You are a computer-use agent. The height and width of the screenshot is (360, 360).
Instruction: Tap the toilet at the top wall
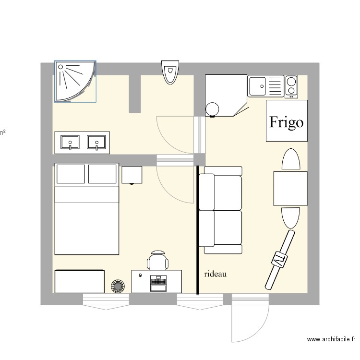(170, 72)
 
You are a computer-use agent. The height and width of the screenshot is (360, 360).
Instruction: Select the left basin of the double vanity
(71, 143)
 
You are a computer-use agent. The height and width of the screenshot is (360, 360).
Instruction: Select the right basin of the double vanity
(96, 143)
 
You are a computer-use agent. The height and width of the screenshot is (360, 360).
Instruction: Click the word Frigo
(286, 122)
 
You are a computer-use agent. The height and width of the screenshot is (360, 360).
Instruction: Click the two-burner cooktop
(290, 86)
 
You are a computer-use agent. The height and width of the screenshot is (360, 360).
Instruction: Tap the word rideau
(215, 274)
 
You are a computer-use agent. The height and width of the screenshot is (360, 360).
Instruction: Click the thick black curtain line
(197, 230)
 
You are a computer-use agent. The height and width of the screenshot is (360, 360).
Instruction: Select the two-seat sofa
(221, 210)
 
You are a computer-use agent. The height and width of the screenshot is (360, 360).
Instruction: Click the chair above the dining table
(290, 159)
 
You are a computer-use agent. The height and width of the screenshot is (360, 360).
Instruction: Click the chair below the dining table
(290, 217)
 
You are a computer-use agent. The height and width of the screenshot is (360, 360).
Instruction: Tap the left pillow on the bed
(71, 174)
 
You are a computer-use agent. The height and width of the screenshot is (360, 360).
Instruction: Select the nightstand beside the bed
(132, 175)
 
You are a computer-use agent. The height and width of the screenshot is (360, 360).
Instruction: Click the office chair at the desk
(158, 261)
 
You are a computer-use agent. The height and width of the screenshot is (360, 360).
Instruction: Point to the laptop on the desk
(157, 283)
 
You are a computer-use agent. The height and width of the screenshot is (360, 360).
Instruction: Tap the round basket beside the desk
(118, 287)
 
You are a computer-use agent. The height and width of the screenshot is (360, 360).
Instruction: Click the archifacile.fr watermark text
(331, 340)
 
